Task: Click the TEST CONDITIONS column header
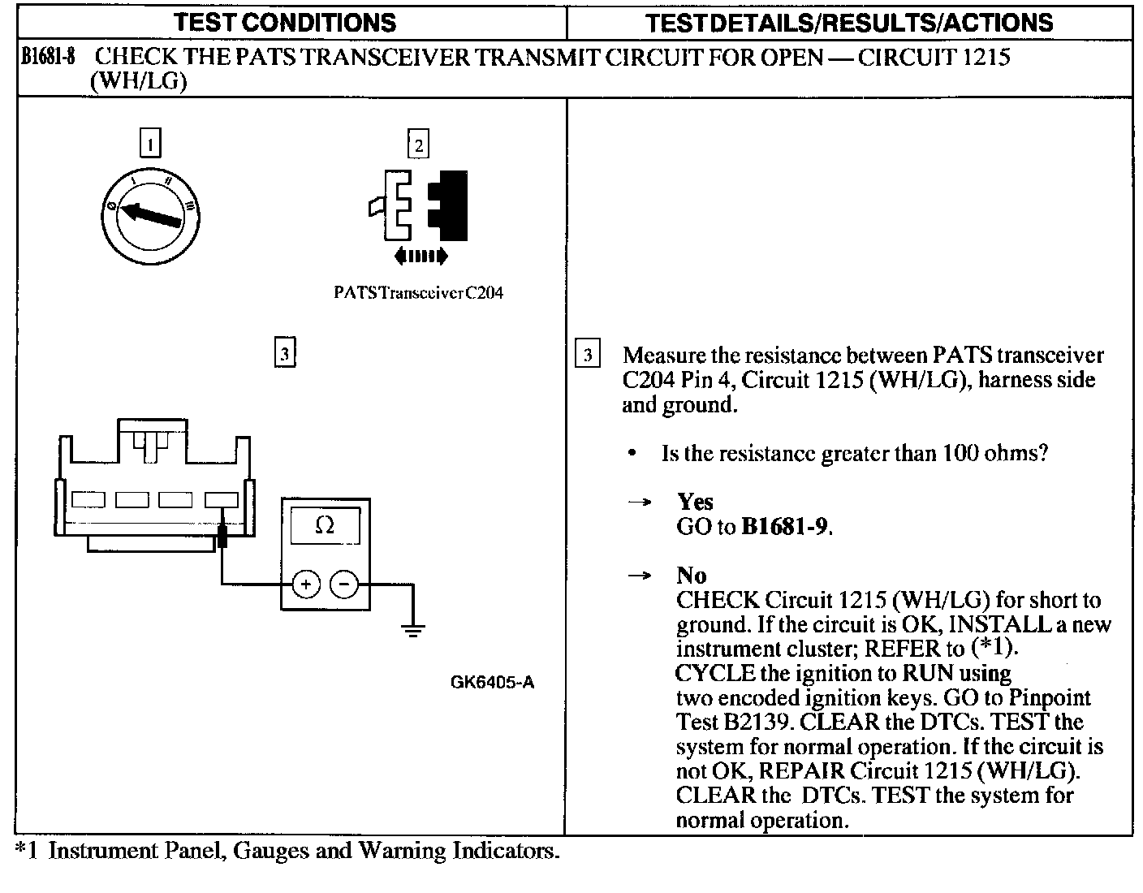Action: point(285,22)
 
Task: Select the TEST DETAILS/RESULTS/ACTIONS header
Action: point(849,22)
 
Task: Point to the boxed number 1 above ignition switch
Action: point(150,144)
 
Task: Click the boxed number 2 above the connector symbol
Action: point(418,145)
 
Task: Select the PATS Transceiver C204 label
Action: point(418,293)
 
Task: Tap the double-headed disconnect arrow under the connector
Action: point(419,257)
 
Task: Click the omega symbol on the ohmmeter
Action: point(324,525)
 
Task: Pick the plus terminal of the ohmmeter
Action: point(305,584)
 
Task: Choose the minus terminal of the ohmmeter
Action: point(345,584)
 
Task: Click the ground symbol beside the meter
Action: point(413,629)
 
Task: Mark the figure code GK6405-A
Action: point(492,683)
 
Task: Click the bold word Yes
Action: point(695,503)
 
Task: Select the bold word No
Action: point(691,576)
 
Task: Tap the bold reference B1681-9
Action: point(784,527)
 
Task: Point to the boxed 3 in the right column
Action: point(587,355)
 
